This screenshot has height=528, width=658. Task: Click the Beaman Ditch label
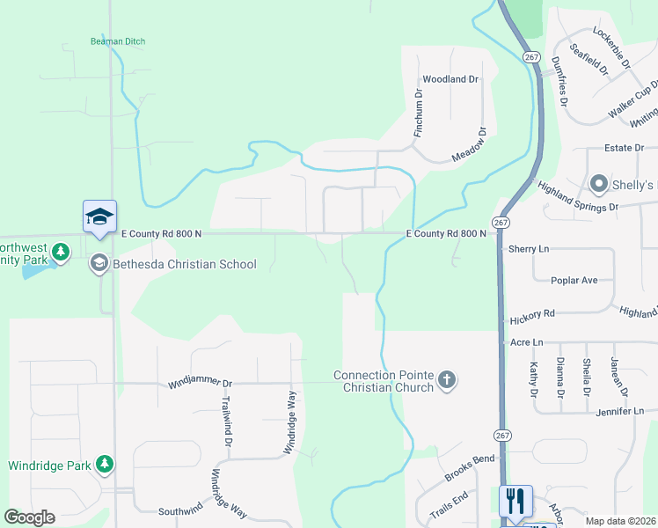coord(118,41)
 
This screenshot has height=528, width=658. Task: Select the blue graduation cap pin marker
coord(99,216)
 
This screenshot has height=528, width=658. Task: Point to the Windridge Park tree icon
coord(105,464)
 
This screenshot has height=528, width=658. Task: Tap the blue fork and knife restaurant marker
coord(515,501)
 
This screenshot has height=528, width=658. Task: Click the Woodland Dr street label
coord(450,79)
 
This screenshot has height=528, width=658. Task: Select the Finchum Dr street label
coord(419,112)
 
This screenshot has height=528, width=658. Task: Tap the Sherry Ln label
coord(528,249)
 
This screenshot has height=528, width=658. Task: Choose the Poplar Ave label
coord(574,281)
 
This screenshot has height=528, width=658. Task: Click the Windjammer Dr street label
coord(201,385)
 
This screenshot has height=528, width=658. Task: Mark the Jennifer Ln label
coord(619,411)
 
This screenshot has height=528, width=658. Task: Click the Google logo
coord(30,517)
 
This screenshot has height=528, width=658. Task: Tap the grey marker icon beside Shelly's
coord(599,184)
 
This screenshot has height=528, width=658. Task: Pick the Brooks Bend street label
coord(470,467)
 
